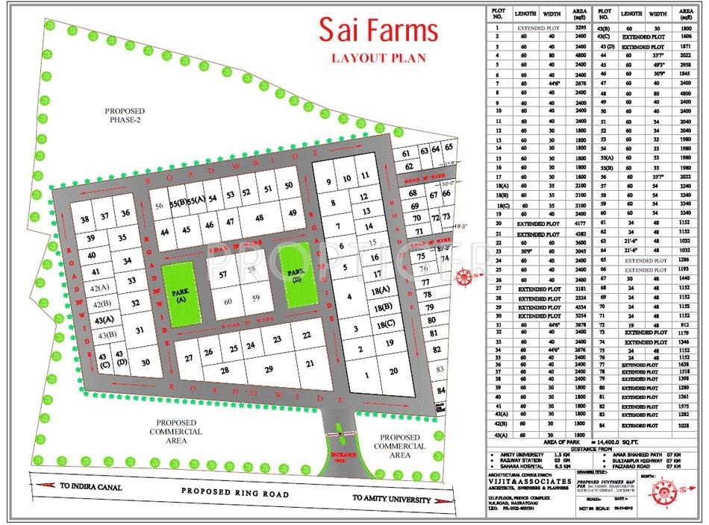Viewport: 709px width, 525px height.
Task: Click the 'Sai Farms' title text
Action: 378,31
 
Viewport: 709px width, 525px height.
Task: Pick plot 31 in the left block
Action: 139,329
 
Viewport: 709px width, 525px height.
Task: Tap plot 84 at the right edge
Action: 441,390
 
